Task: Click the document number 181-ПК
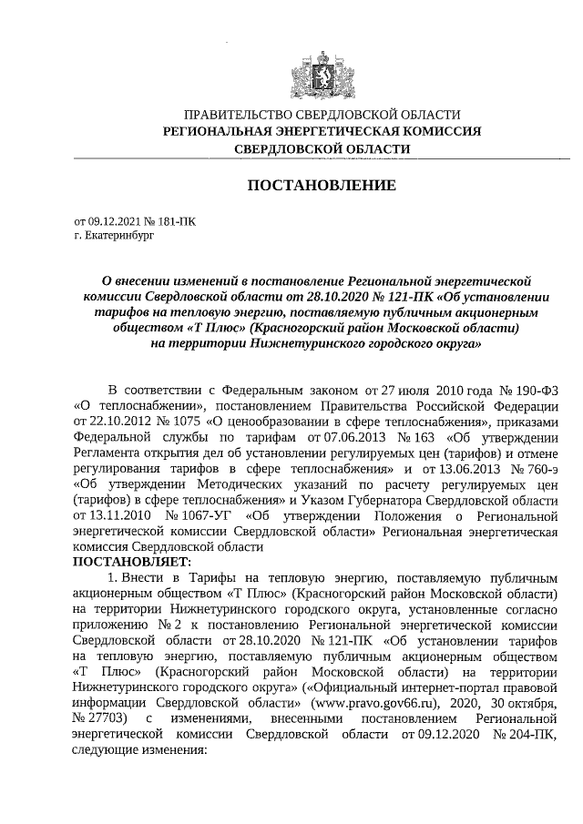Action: pyautogui.click(x=175, y=220)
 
